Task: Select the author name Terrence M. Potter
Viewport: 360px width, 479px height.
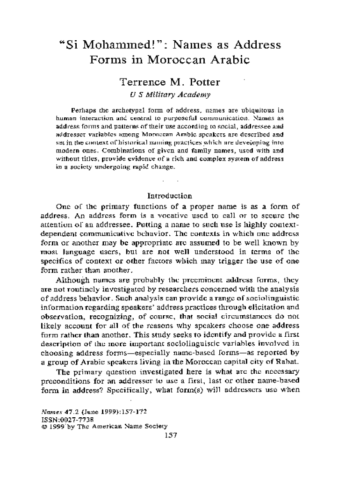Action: click(x=169, y=83)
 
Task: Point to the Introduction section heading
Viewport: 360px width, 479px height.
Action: click(x=169, y=196)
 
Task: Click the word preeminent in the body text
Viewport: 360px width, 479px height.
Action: click(x=203, y=280)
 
